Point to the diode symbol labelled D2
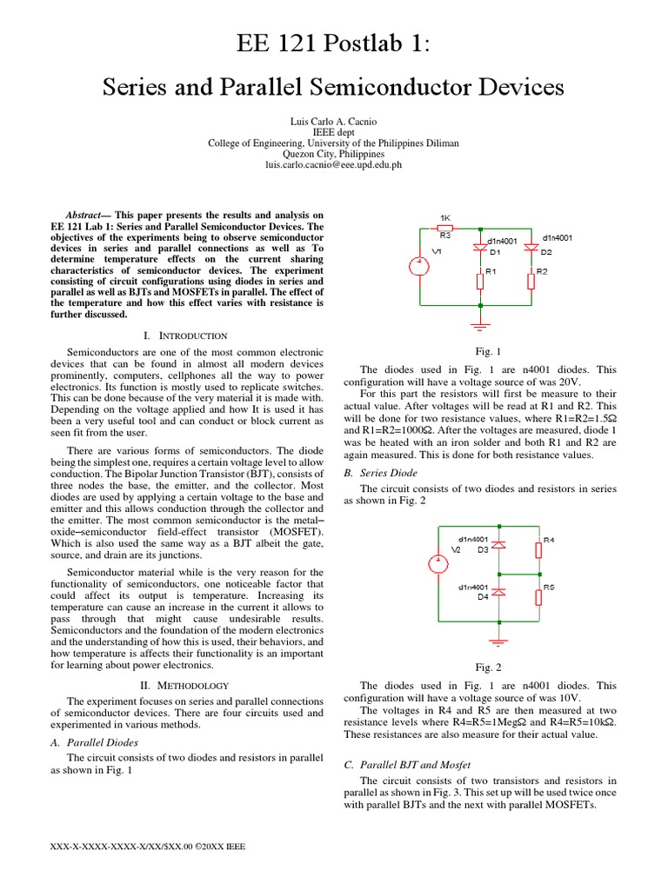coord(531,248)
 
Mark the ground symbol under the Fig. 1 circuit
coord(481,325)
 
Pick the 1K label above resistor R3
coord(444,216)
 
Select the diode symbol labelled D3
coord(499,545)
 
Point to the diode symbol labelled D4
coord(499,592)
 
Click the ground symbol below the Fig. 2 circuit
coord(499,641)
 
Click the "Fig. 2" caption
coord(488,667)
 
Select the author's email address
coord(334,164)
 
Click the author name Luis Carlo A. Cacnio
coord(334,119)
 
